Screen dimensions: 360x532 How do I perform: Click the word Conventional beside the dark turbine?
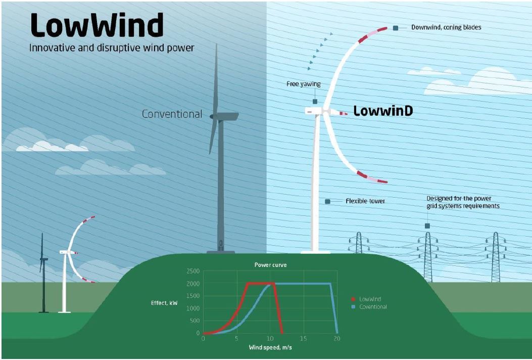pyautogui.click(x=172, y=114)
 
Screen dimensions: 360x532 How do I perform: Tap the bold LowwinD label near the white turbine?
pyautogui.click(x=382, y=111)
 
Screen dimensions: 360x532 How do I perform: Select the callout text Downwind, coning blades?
pyautogui.click(x=446, y=27)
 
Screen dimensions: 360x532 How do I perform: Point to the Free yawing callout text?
pyautogui.click(x=303, y=84)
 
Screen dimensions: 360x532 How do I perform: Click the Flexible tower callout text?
pyautogui.click(x=365, y=201)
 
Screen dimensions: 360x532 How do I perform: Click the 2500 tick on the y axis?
pyautogui.click(x=192, y=272)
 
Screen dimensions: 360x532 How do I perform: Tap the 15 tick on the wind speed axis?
pyautogui.click(x=303, y=338)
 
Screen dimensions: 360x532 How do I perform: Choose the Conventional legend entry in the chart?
pyautogui.click(x=373, y=307)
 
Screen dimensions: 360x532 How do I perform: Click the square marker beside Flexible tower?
pyautogui.click(x=327, y=201)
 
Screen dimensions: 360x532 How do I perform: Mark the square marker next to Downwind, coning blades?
pyautogui.click(x=396, y=28)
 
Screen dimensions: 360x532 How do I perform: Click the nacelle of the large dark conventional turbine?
pyautogui.click(x=225, y=116)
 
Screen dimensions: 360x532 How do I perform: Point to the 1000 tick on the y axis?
pyautogui.click(x=192, y=308)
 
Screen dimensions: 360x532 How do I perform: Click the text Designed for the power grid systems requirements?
pyautogui.click(x=463, y=202)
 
